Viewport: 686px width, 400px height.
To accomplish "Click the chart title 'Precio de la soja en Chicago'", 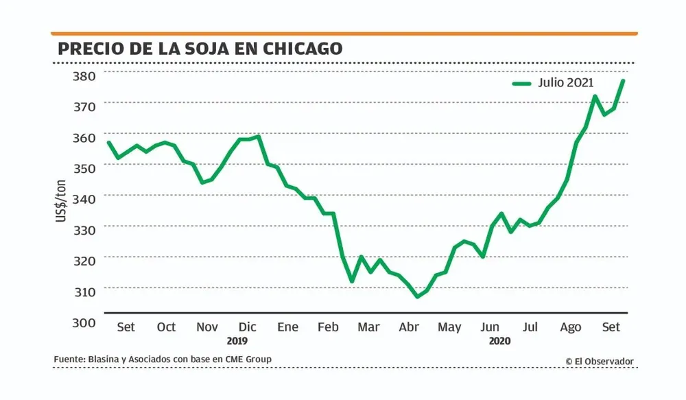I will [x=200, y=49].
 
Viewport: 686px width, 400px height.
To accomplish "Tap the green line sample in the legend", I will [x=522, y=84].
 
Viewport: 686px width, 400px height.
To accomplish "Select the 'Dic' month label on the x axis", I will [x=247, y=327].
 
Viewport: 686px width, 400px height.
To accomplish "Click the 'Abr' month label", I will [x=409, y=327].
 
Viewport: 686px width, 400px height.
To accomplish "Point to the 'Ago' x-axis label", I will [x=570, y=327].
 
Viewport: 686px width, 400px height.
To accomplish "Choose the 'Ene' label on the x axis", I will [x=287, y=327].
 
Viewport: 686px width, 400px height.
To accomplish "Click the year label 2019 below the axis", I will [x=237, y=340].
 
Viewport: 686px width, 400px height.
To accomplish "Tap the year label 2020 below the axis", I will [x=500, y=340].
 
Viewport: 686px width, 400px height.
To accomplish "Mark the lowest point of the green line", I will [x=416, y=297].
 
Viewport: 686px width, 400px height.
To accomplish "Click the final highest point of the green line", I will [x=623, y=81].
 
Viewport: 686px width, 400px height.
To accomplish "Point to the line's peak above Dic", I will [x=258, y=136].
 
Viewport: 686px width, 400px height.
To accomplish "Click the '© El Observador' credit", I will [x=600, y=361].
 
